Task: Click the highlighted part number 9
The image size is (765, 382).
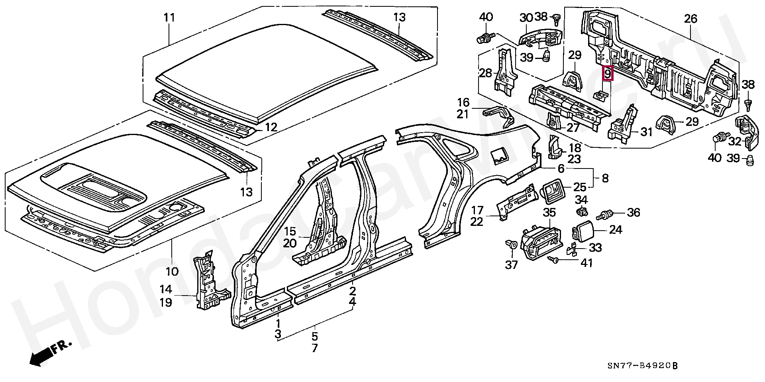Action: tap(607, 74)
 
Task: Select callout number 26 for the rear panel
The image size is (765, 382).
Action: tap(691, 18)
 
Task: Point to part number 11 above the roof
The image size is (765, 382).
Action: tap(169, 18)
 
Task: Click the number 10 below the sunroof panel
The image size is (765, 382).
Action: tap(172, 272)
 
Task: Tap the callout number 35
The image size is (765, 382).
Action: tap(549, 212)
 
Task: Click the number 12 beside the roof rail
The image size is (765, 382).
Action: tap(271, 127)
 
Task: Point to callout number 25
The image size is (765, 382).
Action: tap(580, 186)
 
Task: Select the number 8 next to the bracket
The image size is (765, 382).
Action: tap(605, 178)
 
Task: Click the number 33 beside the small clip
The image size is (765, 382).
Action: tap(595, 247)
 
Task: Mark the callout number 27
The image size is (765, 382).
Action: tap(573, 127)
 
